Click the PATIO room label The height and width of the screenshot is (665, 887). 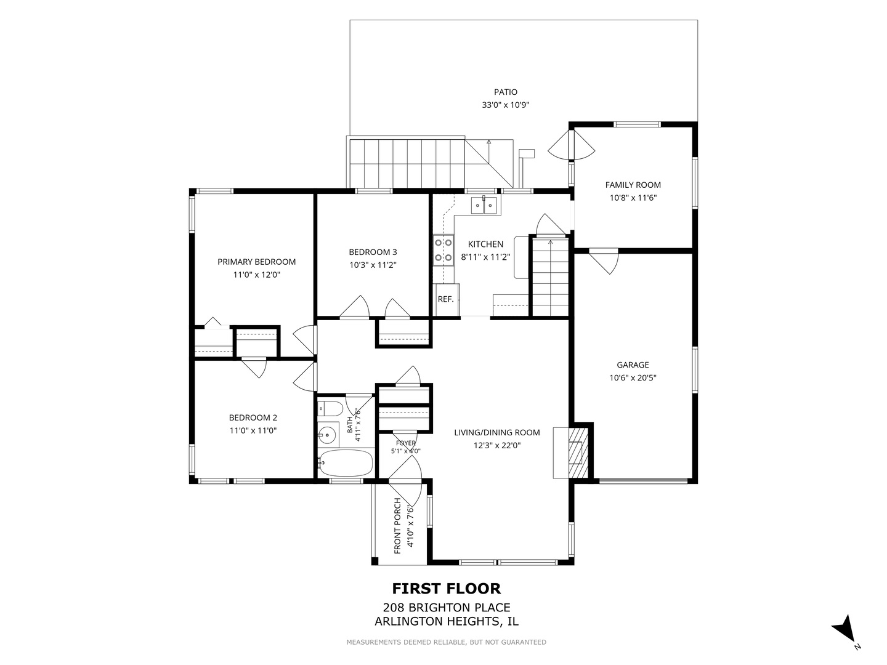coord(505,92)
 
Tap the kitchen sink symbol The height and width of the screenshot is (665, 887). coord(484,205)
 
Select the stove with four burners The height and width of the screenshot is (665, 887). coord(443,251)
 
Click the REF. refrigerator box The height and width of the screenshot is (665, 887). coord(446,300)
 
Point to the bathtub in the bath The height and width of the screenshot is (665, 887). coord(345,463)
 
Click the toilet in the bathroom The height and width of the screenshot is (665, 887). coord(330,409)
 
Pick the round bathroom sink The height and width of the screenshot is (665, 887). coord(328,435)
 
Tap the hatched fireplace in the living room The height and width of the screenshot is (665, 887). coord(578,453)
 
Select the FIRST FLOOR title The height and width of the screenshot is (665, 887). coord(446,588)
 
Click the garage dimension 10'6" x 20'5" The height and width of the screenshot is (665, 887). coord(633,378)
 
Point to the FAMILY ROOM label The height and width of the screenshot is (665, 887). coord(633,185)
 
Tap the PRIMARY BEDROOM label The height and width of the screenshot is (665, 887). coord(257,262)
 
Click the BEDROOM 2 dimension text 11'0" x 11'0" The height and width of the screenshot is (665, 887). coord(253,430)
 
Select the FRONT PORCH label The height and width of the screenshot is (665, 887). coord(397,526)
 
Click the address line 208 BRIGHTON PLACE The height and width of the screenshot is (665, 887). coord(447,607)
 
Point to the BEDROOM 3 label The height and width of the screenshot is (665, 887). coord(373,252)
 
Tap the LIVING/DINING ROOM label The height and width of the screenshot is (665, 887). coord(497,432)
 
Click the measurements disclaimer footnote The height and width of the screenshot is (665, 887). coord(446,642)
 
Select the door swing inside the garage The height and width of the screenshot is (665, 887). coord(604,261)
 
